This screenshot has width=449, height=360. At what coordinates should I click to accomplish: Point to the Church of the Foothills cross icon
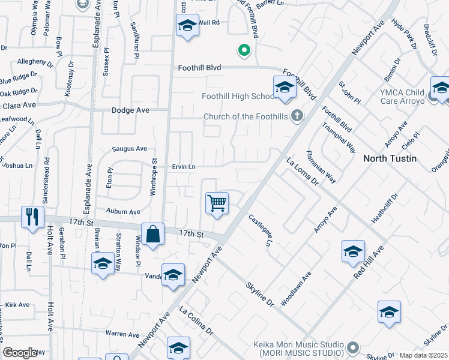[297, 116]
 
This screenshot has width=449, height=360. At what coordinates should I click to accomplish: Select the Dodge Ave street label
[130, 110]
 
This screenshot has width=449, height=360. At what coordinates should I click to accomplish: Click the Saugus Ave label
[130, 149]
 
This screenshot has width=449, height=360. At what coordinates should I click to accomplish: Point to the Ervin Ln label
[184, 166]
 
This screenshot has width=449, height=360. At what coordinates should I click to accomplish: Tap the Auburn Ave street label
[123, 211]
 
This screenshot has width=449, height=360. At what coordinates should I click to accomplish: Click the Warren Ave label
[122, 334]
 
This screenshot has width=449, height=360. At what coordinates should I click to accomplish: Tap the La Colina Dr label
[196, 321]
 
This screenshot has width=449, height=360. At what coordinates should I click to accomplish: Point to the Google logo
[20, 353]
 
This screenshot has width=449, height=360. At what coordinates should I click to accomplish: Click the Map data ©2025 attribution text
[424, 355]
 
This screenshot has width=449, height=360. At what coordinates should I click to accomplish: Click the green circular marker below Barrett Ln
[244, 50]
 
